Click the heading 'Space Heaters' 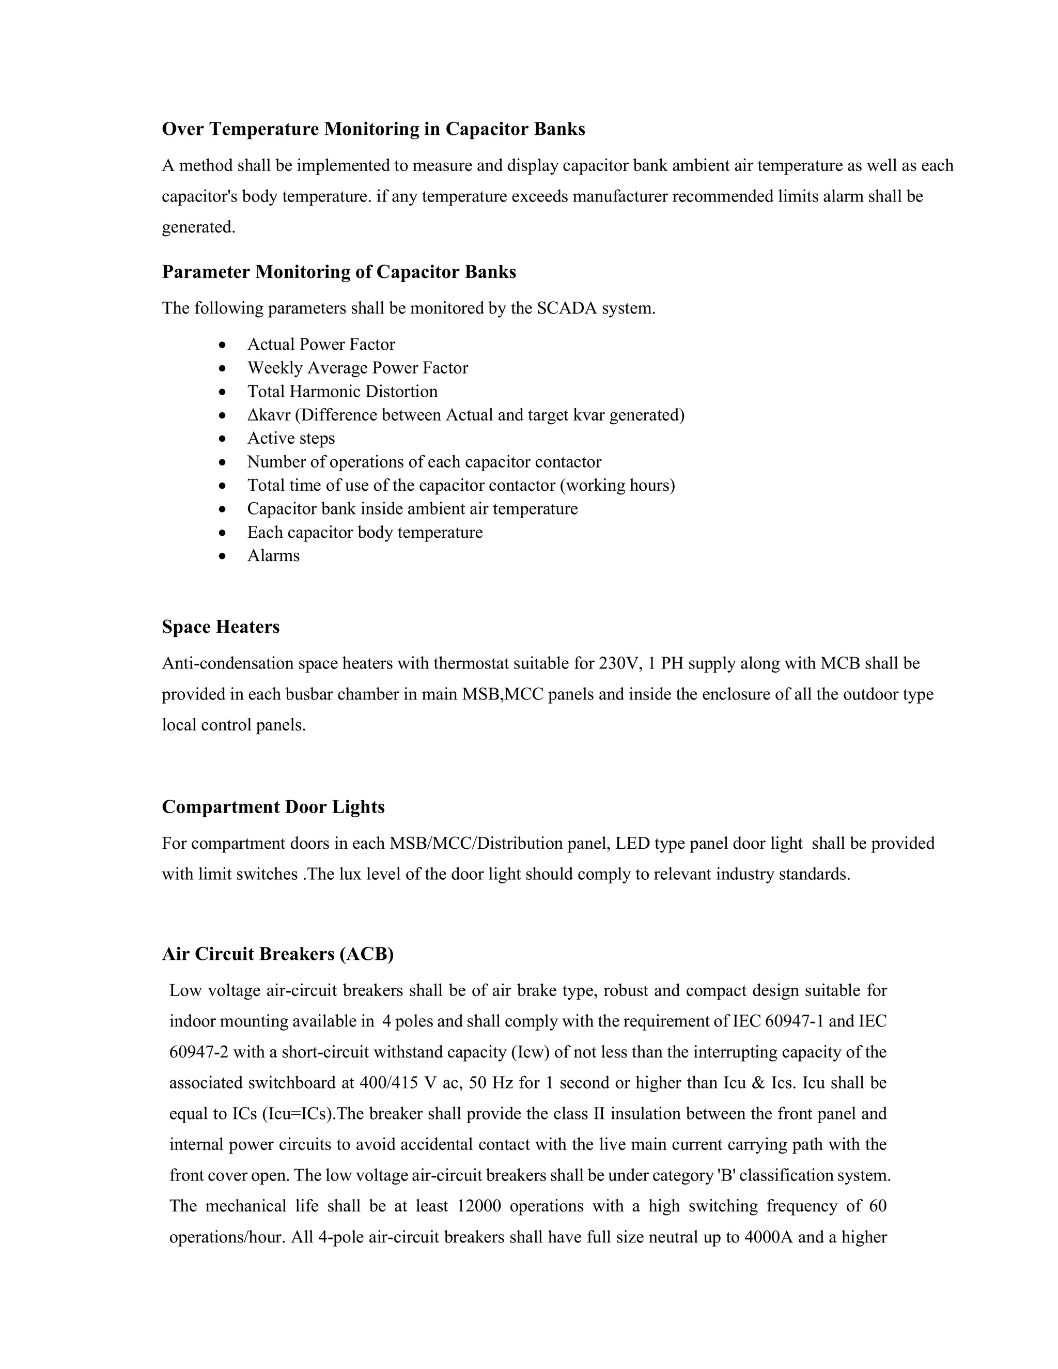(221, 627)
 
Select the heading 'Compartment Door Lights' (273, 807)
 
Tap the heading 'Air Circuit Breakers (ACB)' (277, 954)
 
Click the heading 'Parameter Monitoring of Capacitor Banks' (339, 272)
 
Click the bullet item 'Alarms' (273, 556)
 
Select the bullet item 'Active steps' (291, 438)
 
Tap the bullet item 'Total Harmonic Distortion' (342, 392)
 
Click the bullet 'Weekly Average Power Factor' (357, 368)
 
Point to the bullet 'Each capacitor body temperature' (365, 533)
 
